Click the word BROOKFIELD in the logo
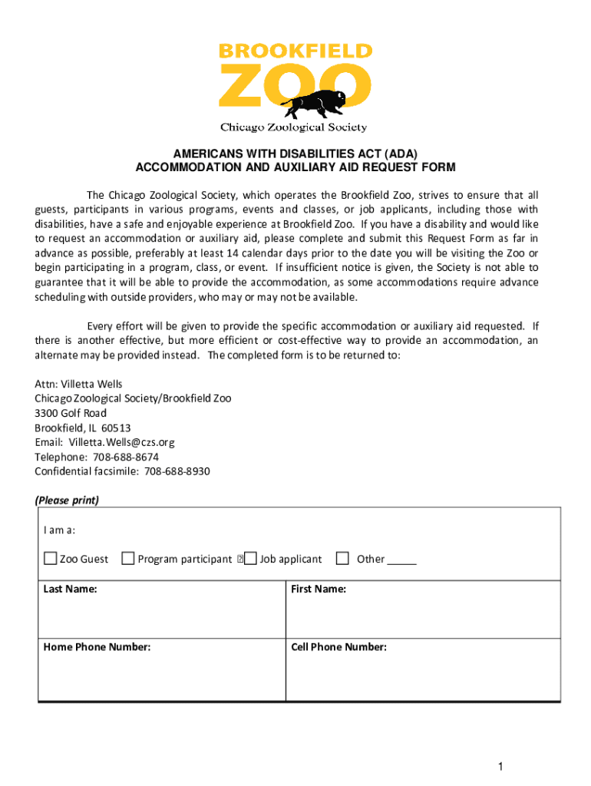click(x=295, y=51)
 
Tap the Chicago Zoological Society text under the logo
click(x=294, y=127)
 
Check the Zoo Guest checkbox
click(x=51, y=559)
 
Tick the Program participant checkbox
click(x=128, y=559)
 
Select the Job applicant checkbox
click(x=250, y=559)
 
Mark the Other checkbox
click(x=342, y=559)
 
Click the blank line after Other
click(x=401, y=560)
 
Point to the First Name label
click(x=319, y=589)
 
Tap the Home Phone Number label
click(x=97, y=647)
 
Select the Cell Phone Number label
click(x=338, y=647)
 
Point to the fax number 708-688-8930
click(x=177, y=471)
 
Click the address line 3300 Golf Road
click(x=71, y=413)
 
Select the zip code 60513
click(x=116, y=428)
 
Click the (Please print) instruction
click(x=67, y=500)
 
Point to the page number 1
click(x=500, y=767)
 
